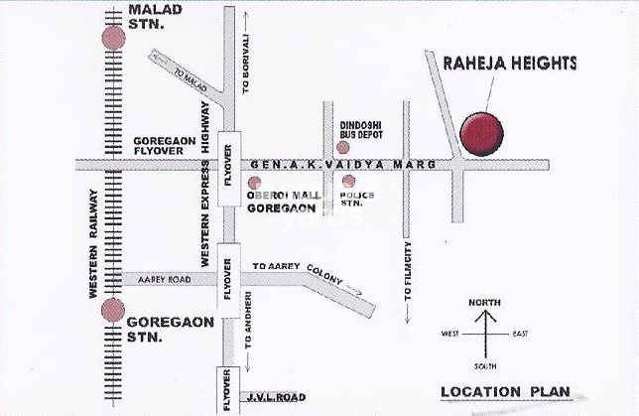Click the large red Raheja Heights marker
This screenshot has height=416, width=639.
481,133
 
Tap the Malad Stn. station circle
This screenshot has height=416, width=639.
114,38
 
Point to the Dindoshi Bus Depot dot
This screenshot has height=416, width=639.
342,147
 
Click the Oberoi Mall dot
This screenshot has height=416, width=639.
255,183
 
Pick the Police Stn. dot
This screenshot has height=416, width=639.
348,182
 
